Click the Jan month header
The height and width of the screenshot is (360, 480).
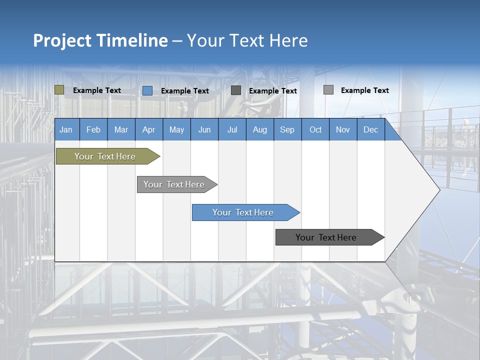pyautogui.click(x=66, y=129)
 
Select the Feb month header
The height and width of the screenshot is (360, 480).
pyautogui.click(x=93, y=129)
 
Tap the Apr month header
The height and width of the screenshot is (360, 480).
pyautogui.click(x=148, y=129)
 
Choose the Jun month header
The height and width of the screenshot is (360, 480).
pyautogui.click(x=204, y=129)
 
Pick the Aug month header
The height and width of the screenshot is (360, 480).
pyautogui.click(x=259, y=129)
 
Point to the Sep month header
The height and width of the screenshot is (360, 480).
pyautogui.click(x=287, y=129)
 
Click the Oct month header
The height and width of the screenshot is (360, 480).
pyautogui.click(x=315, y=129)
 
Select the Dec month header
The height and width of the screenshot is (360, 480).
pyautogui.click(x=370, y=129)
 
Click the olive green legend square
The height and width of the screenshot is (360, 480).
pyautogui.click(x=59, y=90)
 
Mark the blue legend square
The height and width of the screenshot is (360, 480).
pyautogui.click(x=147, y=90)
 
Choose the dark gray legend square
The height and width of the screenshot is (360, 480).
pyautogui.click(x=236, y=90)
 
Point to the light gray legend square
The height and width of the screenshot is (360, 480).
pyautogui.click(x=328, y=90)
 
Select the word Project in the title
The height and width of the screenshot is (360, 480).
pyautogui.click(x=62, y=40)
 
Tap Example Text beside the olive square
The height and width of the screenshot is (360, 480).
pyautogui.click(x=97, y=90)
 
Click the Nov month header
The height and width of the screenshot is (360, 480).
pyautogui.click(x=342, y=129)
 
